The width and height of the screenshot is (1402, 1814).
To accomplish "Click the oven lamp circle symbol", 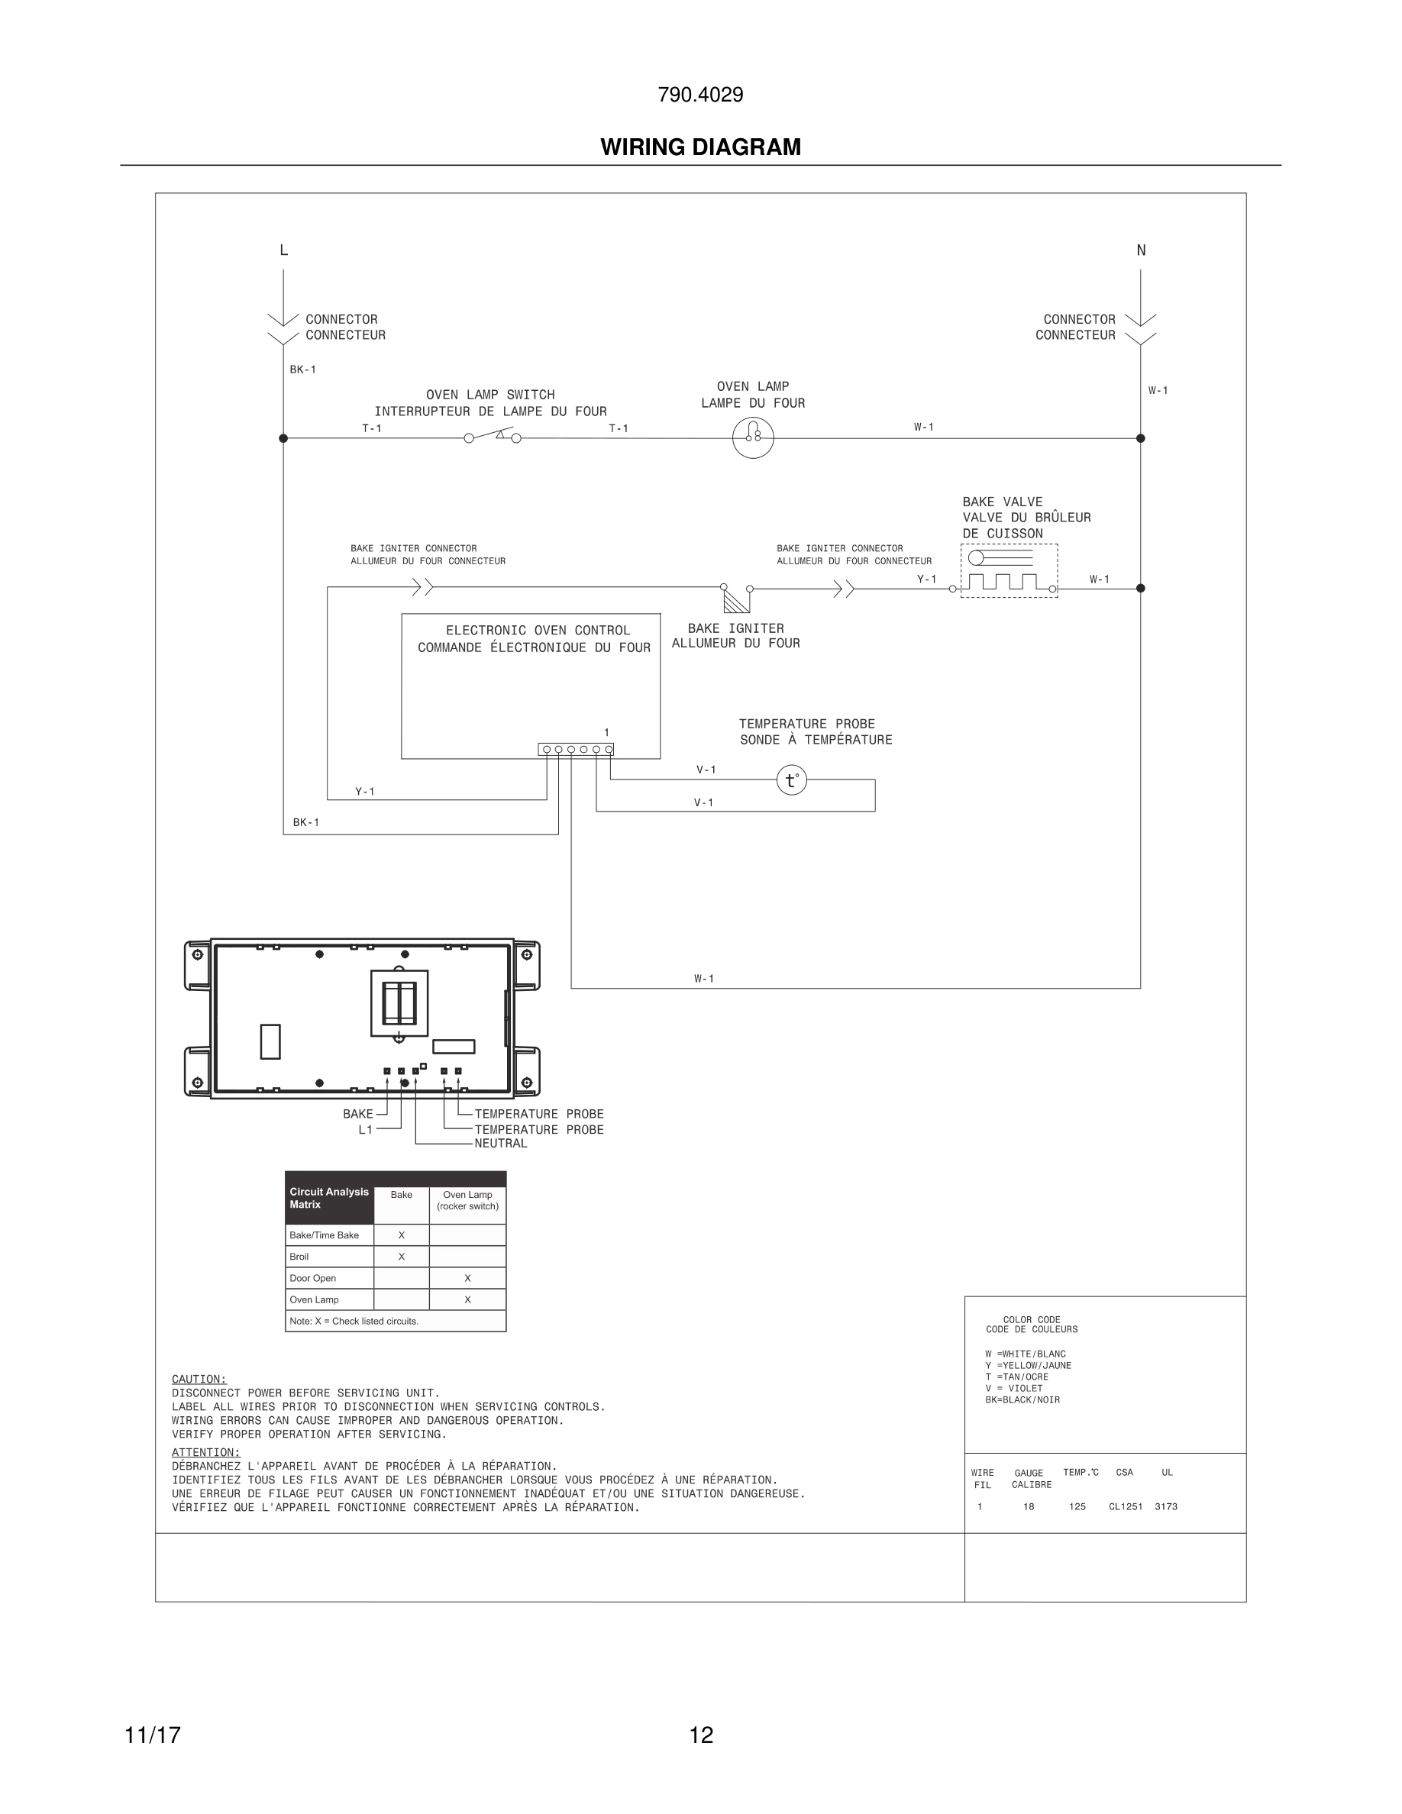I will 752,437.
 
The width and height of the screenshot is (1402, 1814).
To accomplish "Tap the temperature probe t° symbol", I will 792,780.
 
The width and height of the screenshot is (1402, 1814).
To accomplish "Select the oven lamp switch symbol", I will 493,436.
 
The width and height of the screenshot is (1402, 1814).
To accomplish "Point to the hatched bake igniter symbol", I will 736,601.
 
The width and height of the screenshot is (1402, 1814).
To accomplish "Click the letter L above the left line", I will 284,250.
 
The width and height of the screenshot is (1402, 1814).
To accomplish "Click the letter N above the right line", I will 1140,250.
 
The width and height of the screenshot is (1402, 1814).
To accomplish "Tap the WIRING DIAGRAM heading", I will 700,147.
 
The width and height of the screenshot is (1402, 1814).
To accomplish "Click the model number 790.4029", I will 700,95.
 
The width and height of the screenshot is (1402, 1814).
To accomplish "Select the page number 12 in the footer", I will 701,1735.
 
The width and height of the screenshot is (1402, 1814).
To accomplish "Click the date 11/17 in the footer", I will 153,1735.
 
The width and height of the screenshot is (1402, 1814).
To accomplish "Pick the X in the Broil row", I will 401,1257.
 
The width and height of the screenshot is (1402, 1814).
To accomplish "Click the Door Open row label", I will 313,1278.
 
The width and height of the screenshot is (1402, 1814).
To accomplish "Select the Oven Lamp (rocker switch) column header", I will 467,1200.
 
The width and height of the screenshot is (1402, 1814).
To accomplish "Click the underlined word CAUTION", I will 199,1379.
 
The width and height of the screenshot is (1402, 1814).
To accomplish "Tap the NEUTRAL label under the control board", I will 501,1144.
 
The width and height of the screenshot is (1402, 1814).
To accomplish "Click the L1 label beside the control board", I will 366,1130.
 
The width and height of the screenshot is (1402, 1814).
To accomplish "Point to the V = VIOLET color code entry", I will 1013,1388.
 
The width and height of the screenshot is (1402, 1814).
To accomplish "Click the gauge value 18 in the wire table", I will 1029,1506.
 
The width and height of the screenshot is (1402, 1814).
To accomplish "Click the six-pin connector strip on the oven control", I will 576,749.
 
